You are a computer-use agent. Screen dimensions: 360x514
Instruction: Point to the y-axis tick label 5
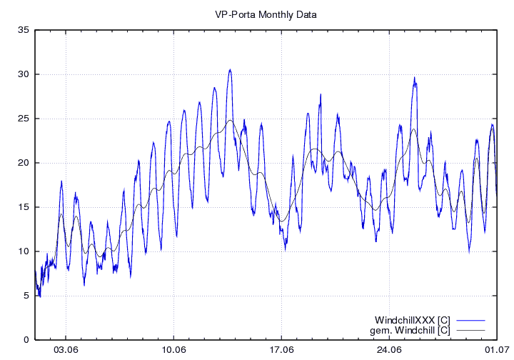point(26,296)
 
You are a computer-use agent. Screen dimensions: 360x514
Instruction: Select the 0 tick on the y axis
point(26,340)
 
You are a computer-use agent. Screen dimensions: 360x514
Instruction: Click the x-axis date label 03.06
point(66,350)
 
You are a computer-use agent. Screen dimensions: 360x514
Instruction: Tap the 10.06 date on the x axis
point(174,350)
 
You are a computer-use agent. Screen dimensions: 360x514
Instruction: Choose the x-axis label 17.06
point(282,350)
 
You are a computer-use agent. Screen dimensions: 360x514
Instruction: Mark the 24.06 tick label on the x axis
point(390,350)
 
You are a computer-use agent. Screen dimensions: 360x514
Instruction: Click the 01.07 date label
point(496,350)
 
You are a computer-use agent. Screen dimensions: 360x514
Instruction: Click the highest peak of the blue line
point(230,70)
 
